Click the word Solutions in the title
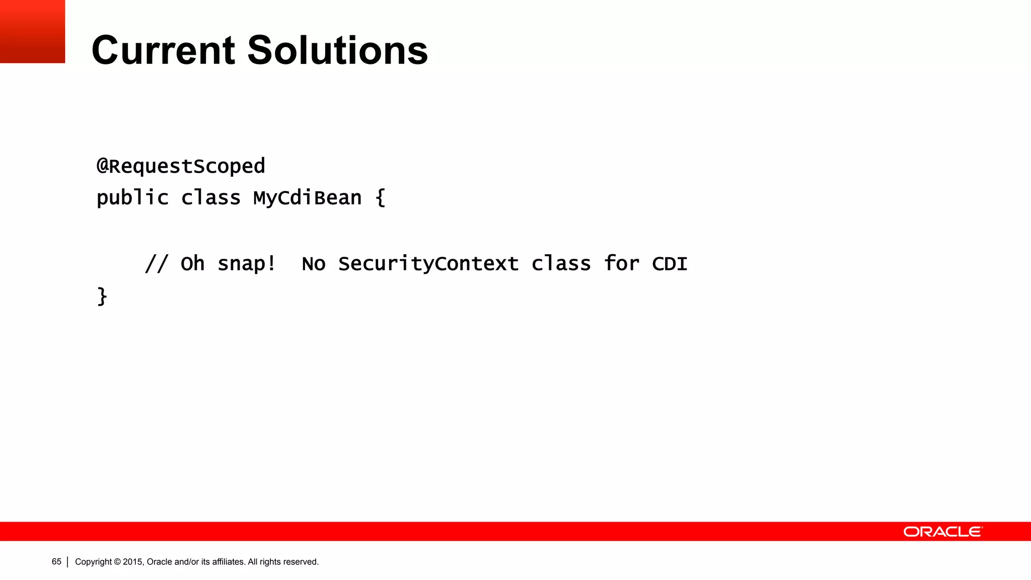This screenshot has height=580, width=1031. [x=337, y=50]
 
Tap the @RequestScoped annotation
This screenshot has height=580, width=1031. [x=181, y=166]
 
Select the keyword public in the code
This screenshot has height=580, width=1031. [x=132, y=198]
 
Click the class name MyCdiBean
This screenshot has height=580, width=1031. [x=307, y=198]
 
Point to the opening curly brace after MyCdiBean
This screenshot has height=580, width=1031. [x=381, y=197]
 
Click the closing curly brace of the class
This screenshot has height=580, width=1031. [x=102, y=296]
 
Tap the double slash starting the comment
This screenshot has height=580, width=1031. [x=156, y=263]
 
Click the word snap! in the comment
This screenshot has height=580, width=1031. [x=247, y=263]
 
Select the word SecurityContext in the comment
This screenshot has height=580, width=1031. [x=428, y=263]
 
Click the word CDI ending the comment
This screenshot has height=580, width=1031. [x=670, y=263]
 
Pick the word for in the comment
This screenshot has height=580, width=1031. [x=621, y=263]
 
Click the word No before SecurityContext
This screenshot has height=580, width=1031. [x=313, y=264]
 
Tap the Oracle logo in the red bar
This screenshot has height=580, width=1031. [x=942, y=532]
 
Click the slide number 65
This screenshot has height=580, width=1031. [x=56, y=561]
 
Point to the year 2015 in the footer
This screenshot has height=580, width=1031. [x=133, y=562]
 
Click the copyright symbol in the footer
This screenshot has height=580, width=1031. [x=117, y=562]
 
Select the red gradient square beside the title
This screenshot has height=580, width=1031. [x=32, y=31]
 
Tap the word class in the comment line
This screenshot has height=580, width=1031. [x=561, y=263]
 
